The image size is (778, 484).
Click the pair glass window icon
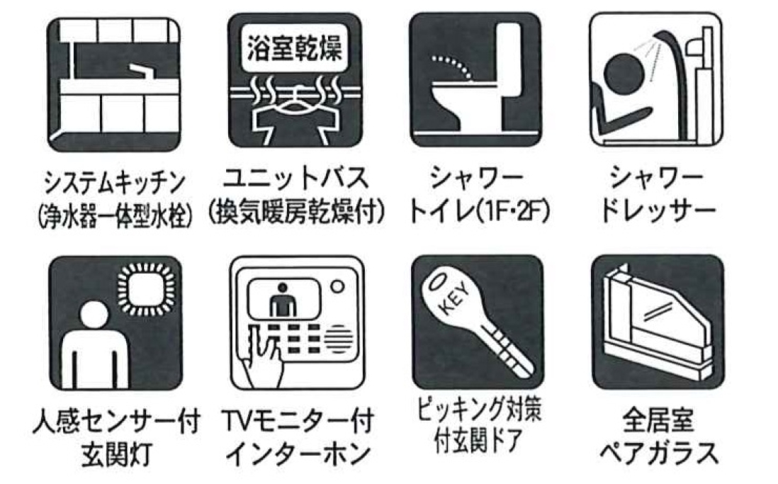(x=658, y=322)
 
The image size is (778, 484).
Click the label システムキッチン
(x=115, y=183)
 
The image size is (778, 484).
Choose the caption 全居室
(x=658, y=420)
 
